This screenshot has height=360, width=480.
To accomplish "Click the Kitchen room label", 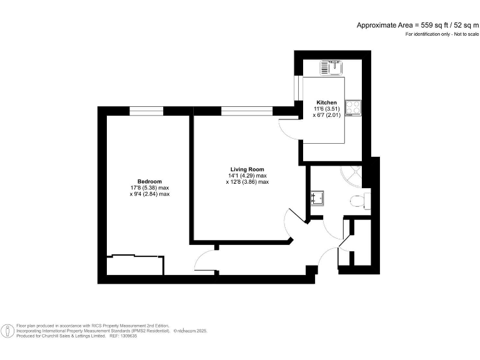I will [326, 102].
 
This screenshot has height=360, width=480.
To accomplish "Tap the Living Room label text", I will [247, 169].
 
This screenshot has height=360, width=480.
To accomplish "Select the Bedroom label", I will [149, 181].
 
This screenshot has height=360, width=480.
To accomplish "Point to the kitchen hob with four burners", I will [353, 107].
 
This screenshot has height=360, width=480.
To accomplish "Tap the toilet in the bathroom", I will [358, 201].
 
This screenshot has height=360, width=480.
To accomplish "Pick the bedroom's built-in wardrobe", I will [135, 264].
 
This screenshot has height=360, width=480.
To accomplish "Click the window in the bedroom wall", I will [146, 111].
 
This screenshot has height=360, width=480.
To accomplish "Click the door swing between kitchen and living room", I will [289, 127].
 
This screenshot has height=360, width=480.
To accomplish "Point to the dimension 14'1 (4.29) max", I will [248, 176].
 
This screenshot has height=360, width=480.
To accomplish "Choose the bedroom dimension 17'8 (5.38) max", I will [149, 187].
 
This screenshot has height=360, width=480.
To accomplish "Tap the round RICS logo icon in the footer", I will [8, 331].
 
